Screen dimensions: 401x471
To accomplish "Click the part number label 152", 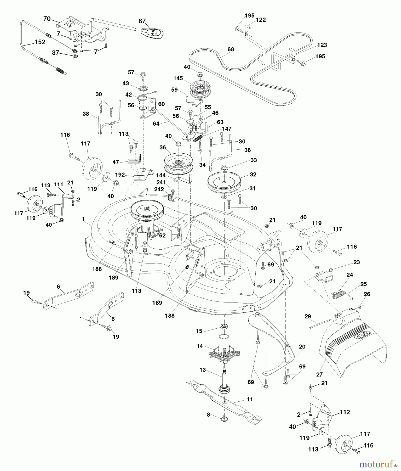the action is pyautogui.click(x=40, y=42).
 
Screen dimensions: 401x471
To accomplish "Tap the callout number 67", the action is pyautogui.click(x=142, y=21).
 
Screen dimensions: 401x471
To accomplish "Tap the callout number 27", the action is pyautogui.click(x=319, y=374).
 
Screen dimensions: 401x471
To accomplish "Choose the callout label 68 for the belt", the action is pyautogui.click(x=231, y=49).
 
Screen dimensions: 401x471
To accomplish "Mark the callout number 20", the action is pyautogui.click(x=302, y=347).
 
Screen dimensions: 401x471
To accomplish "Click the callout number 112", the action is pyautogui.click(x=345, y=412).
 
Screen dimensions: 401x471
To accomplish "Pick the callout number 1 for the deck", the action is pyautogui.click(x=83, y=219).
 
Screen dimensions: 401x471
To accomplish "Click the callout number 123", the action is pyautogui.click(x=322, y=45).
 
